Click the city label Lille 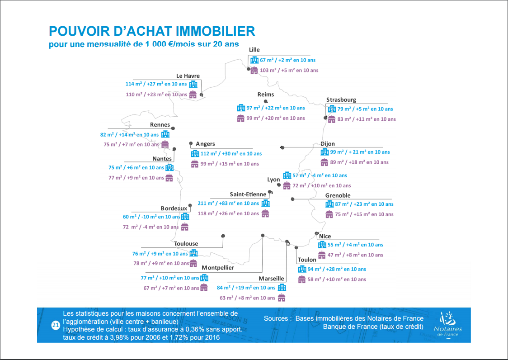pyautogui.click(x=254, y=50)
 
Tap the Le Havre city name pyautogui.click(x=188, y=76)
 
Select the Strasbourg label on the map pyautogui.click(x=341, y=99)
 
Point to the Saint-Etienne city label pyautogui.click(x=248, y=194)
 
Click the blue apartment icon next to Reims pyautogui.click(x=241, y=108)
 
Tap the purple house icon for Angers pyautogui.click(x=195, y=164)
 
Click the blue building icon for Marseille pyautogui.click(x=282, y=288)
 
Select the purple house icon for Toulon pyautogui.click(x=302, y=279)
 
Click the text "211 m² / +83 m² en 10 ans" pyautogui.click(x=228, y=204)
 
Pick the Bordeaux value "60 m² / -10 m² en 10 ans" pyautogui.click(x=151, y=217)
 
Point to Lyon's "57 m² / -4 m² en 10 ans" pyautogui.click(x=320, y=175)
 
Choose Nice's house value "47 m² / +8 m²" pyautogui.click(x=355, y=255)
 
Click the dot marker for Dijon pyautogui.click(x=282, y=147)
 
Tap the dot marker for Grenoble pyautogui.click(x=293, y=199)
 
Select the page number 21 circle pyautogui.click(x=56, y=325)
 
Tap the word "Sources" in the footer pyautogui.click(x=276, y=318)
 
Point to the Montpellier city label pyautogui.click(x=218, y=268)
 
